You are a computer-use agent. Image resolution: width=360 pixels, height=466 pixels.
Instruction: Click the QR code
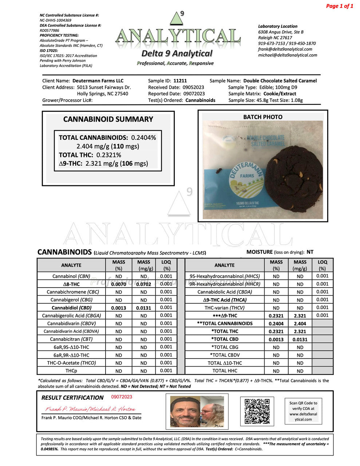tap(257, 411)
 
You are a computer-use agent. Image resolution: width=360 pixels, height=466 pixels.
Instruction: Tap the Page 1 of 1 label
tap(339, 6)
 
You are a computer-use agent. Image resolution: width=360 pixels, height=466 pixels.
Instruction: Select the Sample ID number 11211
tap(180, 81)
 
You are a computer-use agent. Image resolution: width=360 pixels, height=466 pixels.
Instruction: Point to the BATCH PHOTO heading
tap(262, 117)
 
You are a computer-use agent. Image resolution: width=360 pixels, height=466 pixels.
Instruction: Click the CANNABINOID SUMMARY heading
tap(108, 119)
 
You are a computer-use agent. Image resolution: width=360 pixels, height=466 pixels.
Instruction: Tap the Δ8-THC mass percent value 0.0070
tap(119, 284)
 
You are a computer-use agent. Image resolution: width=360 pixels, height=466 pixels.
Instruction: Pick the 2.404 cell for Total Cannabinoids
tap(300, 324)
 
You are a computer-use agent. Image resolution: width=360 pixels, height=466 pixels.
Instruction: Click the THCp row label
tap(71, 371)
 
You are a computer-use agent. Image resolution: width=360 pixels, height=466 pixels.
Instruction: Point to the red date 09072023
tap(122, 397)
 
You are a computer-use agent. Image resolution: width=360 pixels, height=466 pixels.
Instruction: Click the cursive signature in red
tap(90, 409)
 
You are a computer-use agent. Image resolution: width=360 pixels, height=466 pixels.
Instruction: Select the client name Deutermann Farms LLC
tap(98, 81)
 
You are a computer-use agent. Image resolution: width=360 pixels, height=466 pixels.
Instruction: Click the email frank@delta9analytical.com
tap(285, 49)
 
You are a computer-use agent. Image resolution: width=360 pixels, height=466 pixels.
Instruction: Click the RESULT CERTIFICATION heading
tap(72, 398)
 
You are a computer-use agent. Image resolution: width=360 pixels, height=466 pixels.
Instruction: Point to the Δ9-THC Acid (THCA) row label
tap(225, 300)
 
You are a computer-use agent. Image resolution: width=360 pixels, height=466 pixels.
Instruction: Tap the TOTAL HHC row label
tap(225, 371)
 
